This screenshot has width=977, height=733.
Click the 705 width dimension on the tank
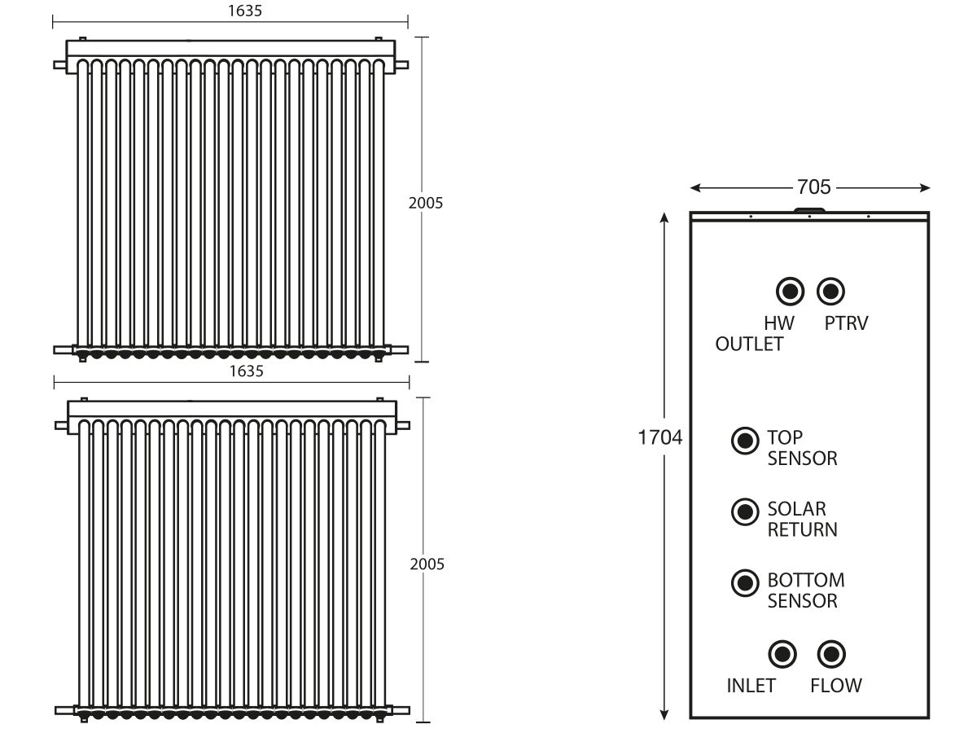tap(813, 187)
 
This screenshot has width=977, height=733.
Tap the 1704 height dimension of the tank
tap(659, 437)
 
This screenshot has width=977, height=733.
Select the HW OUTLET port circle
tap(790, 292)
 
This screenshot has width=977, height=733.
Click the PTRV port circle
tap(830, 292)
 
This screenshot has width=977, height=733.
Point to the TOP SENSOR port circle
tap(745, 441)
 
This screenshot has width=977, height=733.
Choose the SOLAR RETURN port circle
tap(745, 511)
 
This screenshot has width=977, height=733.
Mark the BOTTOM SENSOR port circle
tap(745, 583)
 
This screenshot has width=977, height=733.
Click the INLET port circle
tap(782, 654)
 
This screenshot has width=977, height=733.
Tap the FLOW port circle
tap(831, 654)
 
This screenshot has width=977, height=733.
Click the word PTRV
tap(846, 323)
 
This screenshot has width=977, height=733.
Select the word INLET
tap(751, 686)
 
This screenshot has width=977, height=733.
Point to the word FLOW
tap(836, 686)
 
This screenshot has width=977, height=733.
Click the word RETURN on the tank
tap(802, 529)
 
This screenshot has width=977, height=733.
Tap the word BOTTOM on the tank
tap(806, 580)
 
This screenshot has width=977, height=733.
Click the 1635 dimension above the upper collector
tap(245, 11)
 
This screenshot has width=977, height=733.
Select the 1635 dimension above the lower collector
tap(246, 371)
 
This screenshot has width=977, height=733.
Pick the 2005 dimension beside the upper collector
tap(426, 203)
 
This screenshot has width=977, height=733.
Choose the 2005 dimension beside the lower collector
tap(427, 564)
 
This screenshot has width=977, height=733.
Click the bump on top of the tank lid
tap(809, 210)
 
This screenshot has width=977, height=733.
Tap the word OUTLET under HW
tap(749, 344)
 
